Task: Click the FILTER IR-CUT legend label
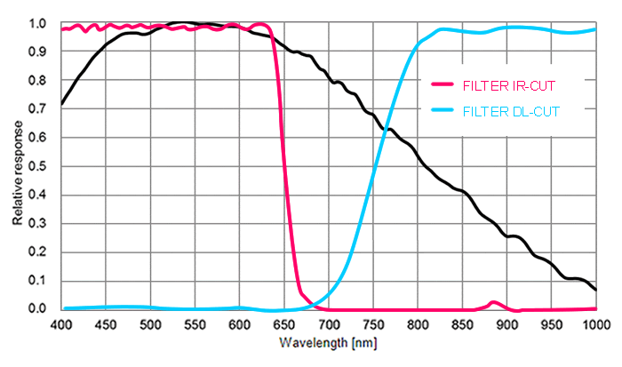click(x=511, y=85)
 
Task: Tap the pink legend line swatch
click(x=443, y=85)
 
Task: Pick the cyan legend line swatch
click(x=443, y=112)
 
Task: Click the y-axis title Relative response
click(x=18, y=167)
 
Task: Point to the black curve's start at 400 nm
click(x=62, y=104)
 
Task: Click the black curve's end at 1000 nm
click(x=595, y=290)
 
